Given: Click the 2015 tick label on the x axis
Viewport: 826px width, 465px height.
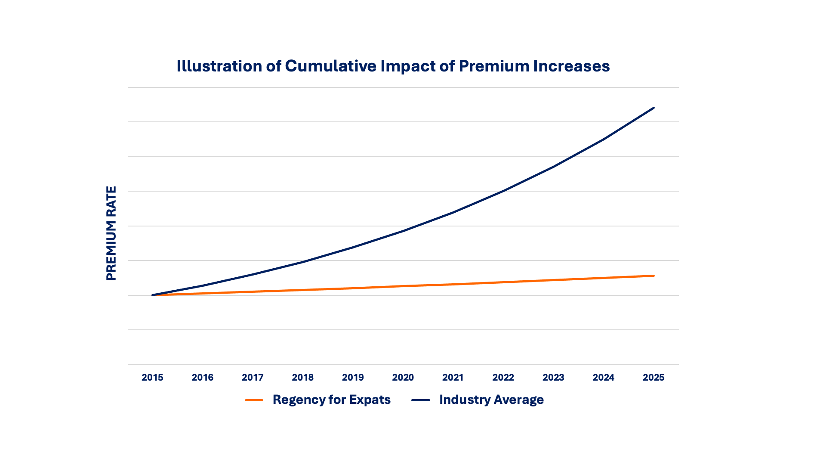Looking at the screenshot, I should pyautogui.click(x=152, y=378).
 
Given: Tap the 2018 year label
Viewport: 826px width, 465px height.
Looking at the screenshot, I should pyautogui.click(x=303, y=378).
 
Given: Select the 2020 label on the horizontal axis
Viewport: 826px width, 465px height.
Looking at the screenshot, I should pyautogui.click(x=403, y=378).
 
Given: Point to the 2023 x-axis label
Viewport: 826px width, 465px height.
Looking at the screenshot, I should pyautogui.click(x=553, y=378).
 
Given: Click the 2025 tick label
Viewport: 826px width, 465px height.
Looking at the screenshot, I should pyautogui.click(x=653, y=378).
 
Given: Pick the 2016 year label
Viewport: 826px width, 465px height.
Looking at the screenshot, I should pyautogui.click(x=203, y=378).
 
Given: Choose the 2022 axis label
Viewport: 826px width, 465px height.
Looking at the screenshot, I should pyautogui.click(x=503, y=378).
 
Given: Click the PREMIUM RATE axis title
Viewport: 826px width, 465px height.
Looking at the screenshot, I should pyautogui.click(x=111, y=233).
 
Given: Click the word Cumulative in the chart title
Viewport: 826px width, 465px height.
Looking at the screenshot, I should pyautogui.click(x=330, y=66).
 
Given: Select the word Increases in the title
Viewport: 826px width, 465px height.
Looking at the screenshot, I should pyautogui.click(x=571, y=66).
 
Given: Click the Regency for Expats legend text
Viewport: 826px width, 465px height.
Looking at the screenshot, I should pyautogui.click(x=331, y=400).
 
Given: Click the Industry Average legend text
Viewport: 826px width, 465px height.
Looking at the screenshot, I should pyautogui.click(x=491, y=400).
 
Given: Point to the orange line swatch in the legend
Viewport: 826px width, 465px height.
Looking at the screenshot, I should pyautogui.click(x=254, y=400).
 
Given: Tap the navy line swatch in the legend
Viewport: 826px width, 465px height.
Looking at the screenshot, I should pyautogui.click(x=421, y=400).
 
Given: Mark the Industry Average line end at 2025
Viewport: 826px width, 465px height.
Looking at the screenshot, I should pyautogui.click(x=653, y=108).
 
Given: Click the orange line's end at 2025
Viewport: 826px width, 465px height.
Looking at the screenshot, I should pyautogui.click(x=653, y=276).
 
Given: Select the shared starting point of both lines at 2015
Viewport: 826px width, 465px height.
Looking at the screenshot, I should pyautogui.click(x=153, y=295).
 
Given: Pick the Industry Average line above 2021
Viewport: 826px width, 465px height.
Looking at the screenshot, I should pyautogui.click(x=453, y=213).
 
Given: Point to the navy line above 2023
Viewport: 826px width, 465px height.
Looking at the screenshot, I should pyautogui.click(x=553, y=167).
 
